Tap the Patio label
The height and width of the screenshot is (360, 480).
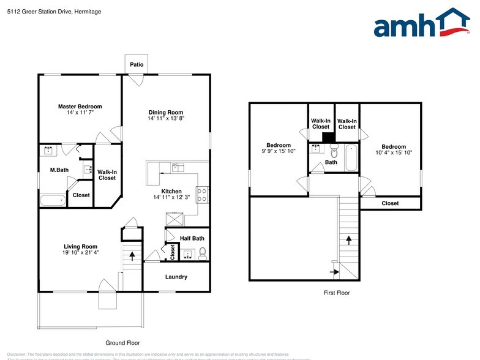click(137, 64)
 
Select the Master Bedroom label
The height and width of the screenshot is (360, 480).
click(80, 107)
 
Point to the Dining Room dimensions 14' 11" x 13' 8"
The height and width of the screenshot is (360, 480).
click(166, 119)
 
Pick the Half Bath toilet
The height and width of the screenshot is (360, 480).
click(203, 253)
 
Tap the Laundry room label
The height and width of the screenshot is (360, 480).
click(176, 277)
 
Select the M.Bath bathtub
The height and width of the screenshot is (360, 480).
click(53, 200)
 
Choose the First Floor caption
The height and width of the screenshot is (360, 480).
click(337, 293)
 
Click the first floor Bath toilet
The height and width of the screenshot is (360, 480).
click(334, 152)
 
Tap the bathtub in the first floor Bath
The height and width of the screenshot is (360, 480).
click(351, 157)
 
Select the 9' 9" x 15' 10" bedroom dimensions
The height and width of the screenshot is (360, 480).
click(279, 151)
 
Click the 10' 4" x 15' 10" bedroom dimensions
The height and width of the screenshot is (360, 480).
click(394, 152)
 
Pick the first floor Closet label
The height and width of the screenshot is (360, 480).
click(390, 203)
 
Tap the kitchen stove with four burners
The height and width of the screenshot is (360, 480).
click(203, 194)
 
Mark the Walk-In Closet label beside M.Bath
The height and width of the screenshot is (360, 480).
click(107, 175)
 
